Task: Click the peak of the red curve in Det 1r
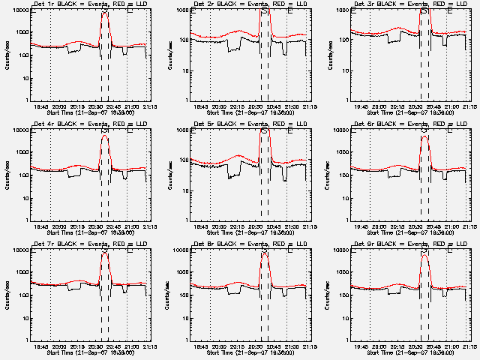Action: coord(105,13)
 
